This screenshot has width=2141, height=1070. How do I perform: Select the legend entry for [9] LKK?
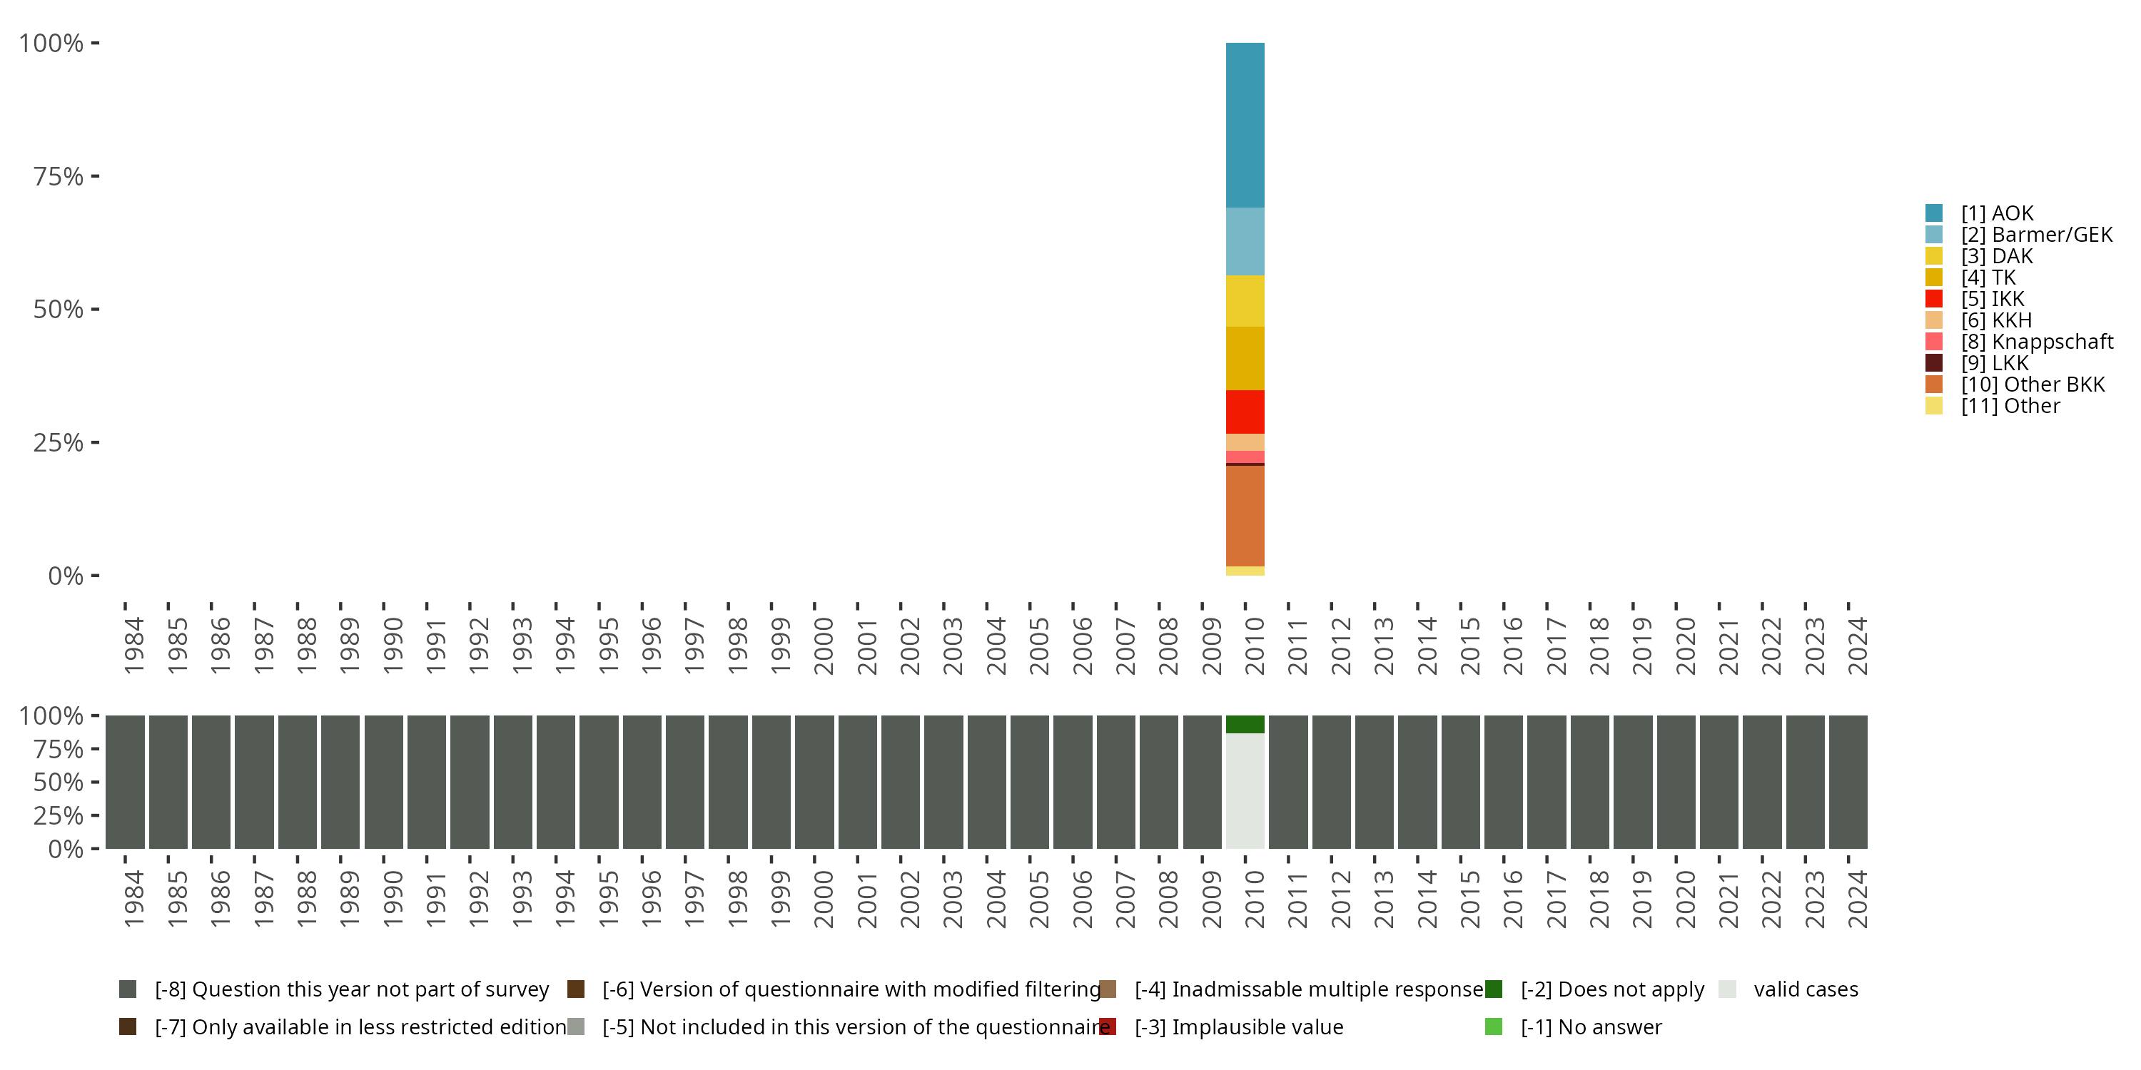pyautogui.click(x=1994, y=363)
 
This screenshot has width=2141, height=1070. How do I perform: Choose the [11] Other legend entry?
pyautogui.click(x=2010, y=406)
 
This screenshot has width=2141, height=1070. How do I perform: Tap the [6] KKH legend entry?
pyautogui.click(x=1995, y=320)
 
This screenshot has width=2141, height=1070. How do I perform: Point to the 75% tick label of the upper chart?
pyautogui.click(x=59, y=176)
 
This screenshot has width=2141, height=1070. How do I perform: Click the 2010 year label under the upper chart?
pyautogui.click(x=1254, y=646)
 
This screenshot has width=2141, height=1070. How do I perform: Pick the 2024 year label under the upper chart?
pyautogui.click(x=1857, y=646)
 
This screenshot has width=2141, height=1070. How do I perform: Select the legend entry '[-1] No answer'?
pyautogui.click(x=1590, y=1026)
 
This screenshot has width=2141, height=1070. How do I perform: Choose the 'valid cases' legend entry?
pyautogui.click(x=1806, y=989)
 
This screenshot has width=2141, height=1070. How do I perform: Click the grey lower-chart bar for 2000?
pyautogui.click(x=814, y=782)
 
